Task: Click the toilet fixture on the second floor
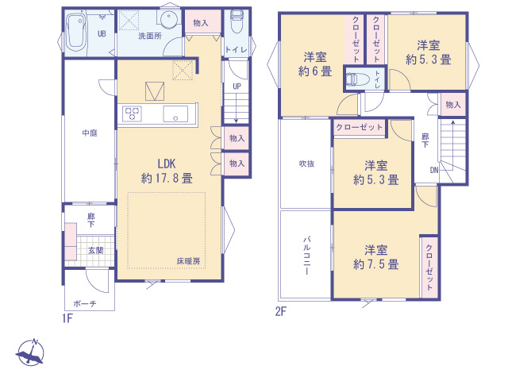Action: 355,79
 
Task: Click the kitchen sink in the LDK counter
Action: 175,114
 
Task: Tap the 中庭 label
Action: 88,133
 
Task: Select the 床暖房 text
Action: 188,261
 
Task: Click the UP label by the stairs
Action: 237,87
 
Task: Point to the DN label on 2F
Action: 435,170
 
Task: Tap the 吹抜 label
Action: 306,164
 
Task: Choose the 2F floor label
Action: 280,311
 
